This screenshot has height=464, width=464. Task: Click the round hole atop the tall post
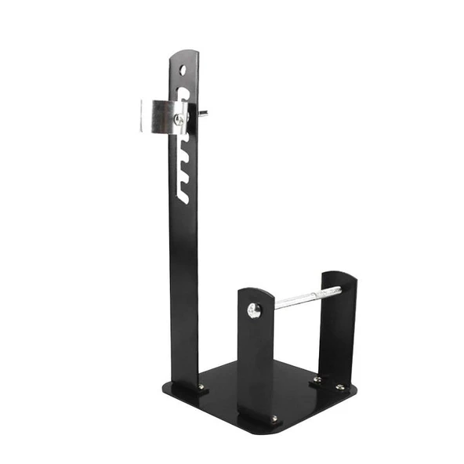coord(183,70)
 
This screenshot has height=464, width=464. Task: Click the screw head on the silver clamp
coord(179,119)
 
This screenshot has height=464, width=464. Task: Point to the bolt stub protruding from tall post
coord(203,113)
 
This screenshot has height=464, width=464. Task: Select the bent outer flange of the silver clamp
coord(146,117)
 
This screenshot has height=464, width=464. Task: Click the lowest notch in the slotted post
coord(183,193)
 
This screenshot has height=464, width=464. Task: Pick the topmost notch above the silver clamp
coord(184,93)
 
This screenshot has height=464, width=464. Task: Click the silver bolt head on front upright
coord(254,310)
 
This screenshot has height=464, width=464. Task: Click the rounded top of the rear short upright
coord(339,276)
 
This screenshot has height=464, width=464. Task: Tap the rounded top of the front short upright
coord(256,292)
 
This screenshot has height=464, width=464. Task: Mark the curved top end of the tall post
coord(184,55)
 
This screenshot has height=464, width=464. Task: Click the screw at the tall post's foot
coord(201,386)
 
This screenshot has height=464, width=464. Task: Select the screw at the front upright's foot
coord(274,419)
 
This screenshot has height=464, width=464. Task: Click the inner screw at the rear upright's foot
coord(316,379)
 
